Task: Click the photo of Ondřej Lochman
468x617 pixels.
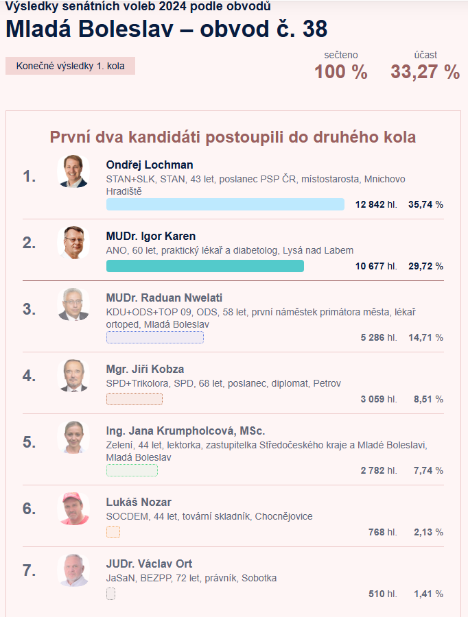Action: (73, 171)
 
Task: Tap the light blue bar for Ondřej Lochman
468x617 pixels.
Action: (225, 204)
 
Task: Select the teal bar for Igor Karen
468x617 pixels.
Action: (204, 266)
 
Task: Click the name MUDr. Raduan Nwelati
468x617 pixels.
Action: (164, 298)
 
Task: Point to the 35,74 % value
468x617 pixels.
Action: (425, 204)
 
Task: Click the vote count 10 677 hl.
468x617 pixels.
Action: (376, 266)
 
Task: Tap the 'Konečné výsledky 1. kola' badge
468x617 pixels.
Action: (70, 66)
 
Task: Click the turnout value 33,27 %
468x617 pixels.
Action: (425, 72)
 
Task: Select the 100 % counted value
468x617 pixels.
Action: (340, 72)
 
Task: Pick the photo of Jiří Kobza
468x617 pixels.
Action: (73, 375)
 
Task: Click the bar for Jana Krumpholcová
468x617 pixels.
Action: (132, 470)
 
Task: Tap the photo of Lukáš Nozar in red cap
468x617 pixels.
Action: (73, 508)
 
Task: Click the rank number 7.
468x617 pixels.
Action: (29, 570)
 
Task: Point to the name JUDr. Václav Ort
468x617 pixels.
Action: (149, 564)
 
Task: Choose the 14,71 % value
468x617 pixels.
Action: (425, 337)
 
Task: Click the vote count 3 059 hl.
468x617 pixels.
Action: (379, 399)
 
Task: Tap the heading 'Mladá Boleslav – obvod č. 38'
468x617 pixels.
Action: (166, 29)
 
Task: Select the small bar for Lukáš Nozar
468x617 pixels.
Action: (113, 532)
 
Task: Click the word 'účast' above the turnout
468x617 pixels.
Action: (425, 55)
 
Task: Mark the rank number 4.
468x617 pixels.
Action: (29, 376)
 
